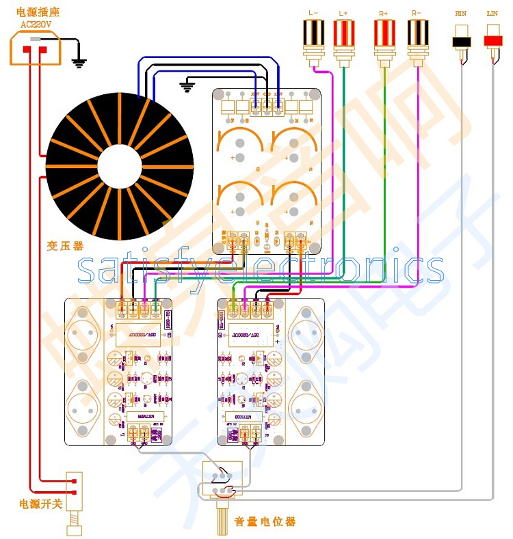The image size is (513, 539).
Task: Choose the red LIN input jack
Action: coord(492,40)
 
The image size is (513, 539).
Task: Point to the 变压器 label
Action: coord(66,247)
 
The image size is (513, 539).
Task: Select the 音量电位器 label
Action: coord(265,522)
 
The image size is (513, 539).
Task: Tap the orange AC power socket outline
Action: coord(35,49)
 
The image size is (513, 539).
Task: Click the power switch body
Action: coord(74,489)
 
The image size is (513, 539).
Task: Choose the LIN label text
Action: coord(492,13)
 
